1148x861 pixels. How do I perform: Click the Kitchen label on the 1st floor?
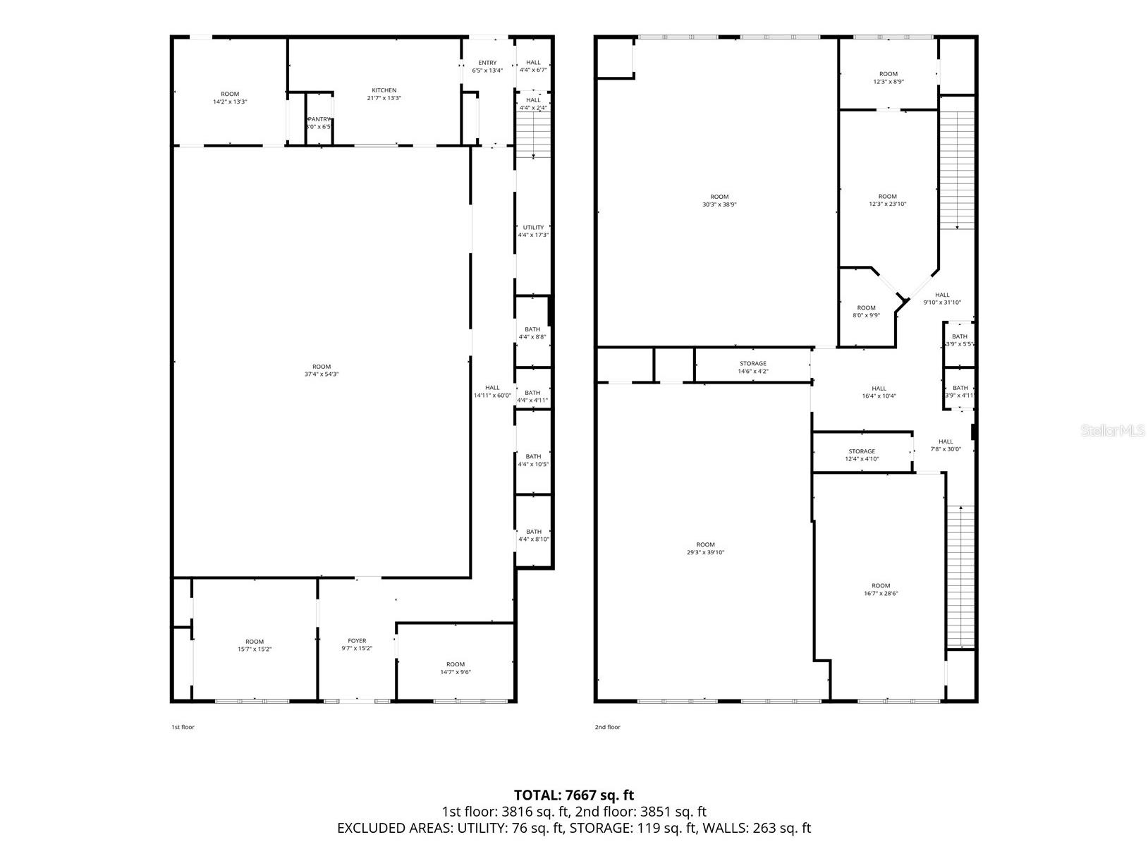click(x=384, y=94)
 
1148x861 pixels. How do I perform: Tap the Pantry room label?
click(x=319, y=123)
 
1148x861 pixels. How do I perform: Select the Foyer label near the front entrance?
click(x=357, y=645)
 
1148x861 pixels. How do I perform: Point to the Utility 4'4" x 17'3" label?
click(x=533, y=231)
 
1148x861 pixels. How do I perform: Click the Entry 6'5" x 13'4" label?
click(x=487, y=66)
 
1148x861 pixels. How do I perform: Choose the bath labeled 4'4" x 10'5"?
click(x=533, y=460)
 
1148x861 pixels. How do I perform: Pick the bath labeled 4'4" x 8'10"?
click(x=534, y=535)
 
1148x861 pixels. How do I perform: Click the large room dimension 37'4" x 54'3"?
click(x=322, y=374)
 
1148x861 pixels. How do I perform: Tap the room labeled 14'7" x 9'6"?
click(x=456, y=668)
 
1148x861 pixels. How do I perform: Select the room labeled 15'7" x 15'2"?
click(x=255, y=645)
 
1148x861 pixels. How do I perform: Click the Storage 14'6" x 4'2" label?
click(x=753, y=367)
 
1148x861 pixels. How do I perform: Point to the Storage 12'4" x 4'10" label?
click(x=862, y=455)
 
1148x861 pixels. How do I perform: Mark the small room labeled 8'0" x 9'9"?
click(x=866, y=311)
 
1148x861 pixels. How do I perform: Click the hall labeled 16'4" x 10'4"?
click(x=879, y=392)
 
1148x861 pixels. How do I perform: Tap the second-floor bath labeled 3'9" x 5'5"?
click(x=960, y=340)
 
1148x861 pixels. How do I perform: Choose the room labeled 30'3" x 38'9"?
click(x=719, y=200)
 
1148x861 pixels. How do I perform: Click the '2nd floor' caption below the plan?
click(x=607, y=727)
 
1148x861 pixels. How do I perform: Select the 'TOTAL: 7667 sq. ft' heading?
click(x=574, y=795)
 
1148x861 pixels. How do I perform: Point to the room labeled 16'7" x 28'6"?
click(x=881, y=590)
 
